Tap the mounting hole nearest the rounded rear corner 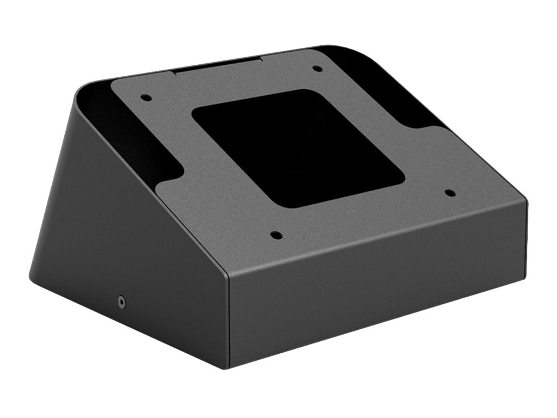tap(317, 69)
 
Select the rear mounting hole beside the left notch tap(146, 98)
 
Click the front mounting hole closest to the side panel tap(276, 236)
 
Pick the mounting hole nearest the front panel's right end tap(449, 193)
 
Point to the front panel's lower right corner tap(524, 276)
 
